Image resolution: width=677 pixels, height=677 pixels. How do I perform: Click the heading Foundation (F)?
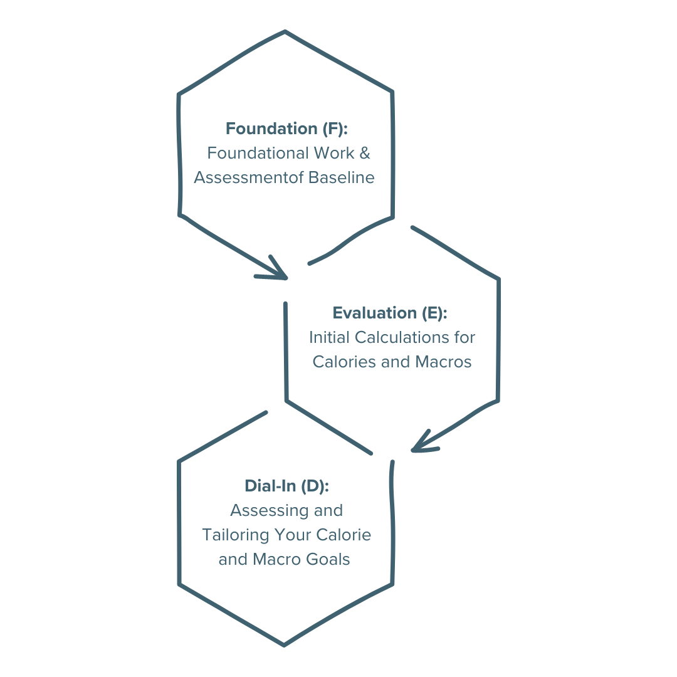(286, 129)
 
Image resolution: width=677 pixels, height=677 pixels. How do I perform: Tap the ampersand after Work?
(365, 153)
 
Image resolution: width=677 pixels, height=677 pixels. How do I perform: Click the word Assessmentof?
(249, 178)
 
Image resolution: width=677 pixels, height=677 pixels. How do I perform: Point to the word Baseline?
(341, 178)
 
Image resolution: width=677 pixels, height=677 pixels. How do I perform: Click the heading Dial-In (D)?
(286, 486)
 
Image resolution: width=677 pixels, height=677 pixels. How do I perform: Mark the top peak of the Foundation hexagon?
(285, 31)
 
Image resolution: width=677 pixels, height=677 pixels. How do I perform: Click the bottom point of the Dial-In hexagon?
(283, 644)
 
